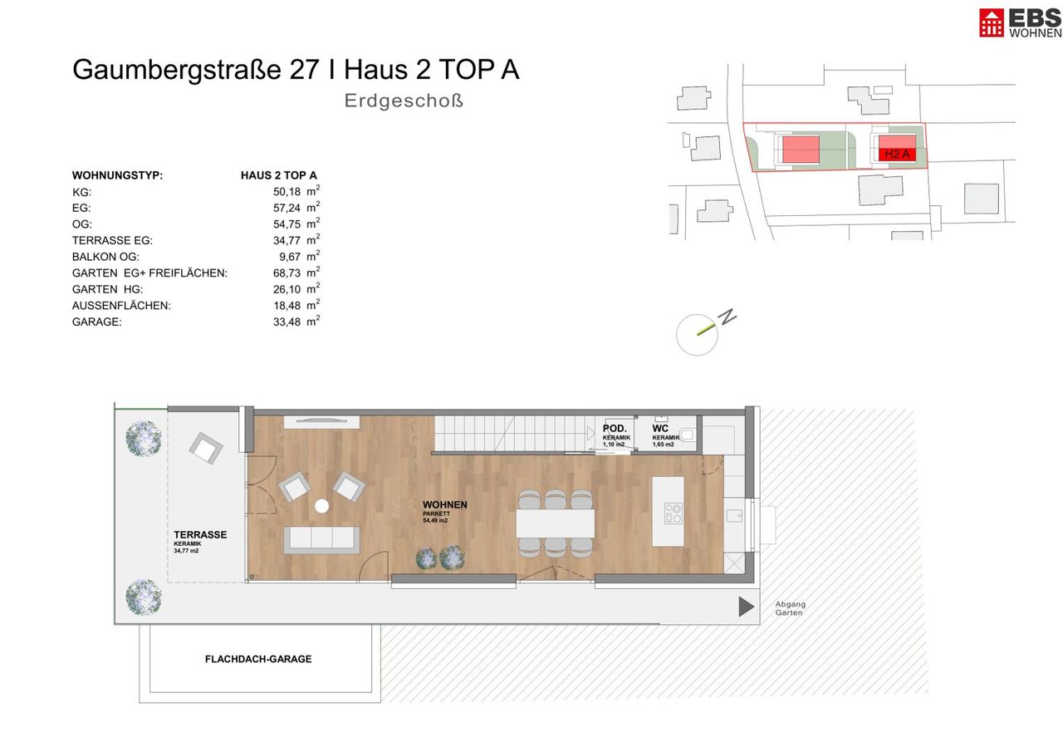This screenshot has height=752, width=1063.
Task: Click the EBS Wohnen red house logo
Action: click(x=991, y=22)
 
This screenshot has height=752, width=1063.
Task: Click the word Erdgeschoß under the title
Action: click(x=404, y=101)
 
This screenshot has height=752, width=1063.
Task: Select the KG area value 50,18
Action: click(x=287, y=192)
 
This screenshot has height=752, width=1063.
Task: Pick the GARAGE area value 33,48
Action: click(x=287, y=322)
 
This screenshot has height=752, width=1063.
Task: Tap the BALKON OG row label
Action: click(x=105, y=257)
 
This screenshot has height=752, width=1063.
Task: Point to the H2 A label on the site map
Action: click(x=897, y=154)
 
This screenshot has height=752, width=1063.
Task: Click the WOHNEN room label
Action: click(x=444, y=504)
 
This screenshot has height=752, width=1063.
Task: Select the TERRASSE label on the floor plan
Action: click(x=200, y=534)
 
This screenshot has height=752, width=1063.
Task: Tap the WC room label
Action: click(x=660, y=428)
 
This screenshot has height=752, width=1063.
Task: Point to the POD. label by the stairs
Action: click(x=615, y=428)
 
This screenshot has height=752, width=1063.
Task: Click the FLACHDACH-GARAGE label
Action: click(x=258, y=659)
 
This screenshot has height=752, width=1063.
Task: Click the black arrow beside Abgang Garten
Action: click(x=746, y=607)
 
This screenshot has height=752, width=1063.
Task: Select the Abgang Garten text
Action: click(x=790, y=608)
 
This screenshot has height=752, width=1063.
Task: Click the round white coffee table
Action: click(x=321, y=506)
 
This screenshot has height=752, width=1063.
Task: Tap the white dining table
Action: click(x=556, y=523)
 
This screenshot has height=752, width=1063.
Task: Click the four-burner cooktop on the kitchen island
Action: click(x=674, y=513)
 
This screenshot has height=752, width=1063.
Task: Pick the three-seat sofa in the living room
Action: click(x=321, y=539)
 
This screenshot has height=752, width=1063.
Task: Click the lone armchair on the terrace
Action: click(x=205, y=448)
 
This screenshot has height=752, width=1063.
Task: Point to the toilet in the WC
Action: click(x=688, y=435)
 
